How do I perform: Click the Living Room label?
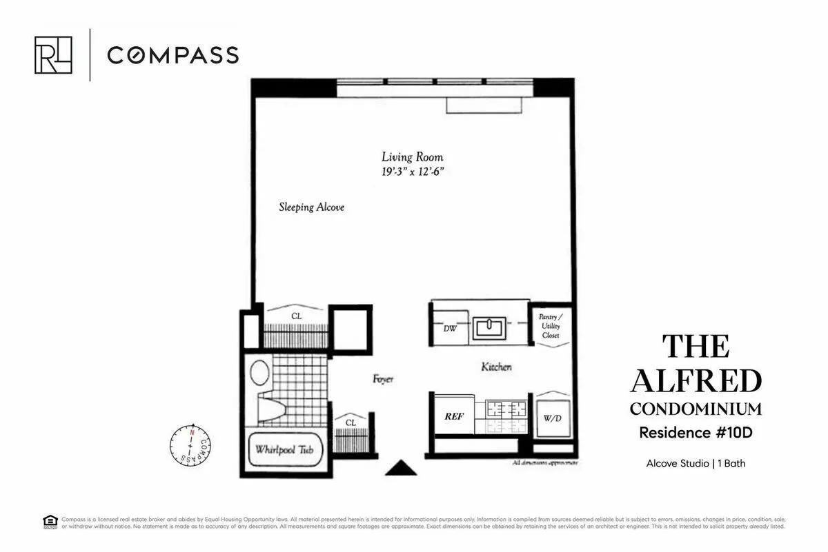click(413, 157)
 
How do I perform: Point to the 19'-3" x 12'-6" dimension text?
click(413, 172)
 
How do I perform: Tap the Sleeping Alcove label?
click(311, 207)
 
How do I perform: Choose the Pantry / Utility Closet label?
click(550, 326)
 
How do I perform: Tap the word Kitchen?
click(496, 367)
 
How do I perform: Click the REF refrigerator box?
click(453, 416)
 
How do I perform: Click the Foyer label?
click(382, 379)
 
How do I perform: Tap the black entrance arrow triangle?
click(400, 469)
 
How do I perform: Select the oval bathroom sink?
click(259, 372)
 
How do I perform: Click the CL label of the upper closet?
click(296, 316)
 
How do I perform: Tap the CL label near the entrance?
click(351, 421)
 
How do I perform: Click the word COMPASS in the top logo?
click(172, 55)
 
